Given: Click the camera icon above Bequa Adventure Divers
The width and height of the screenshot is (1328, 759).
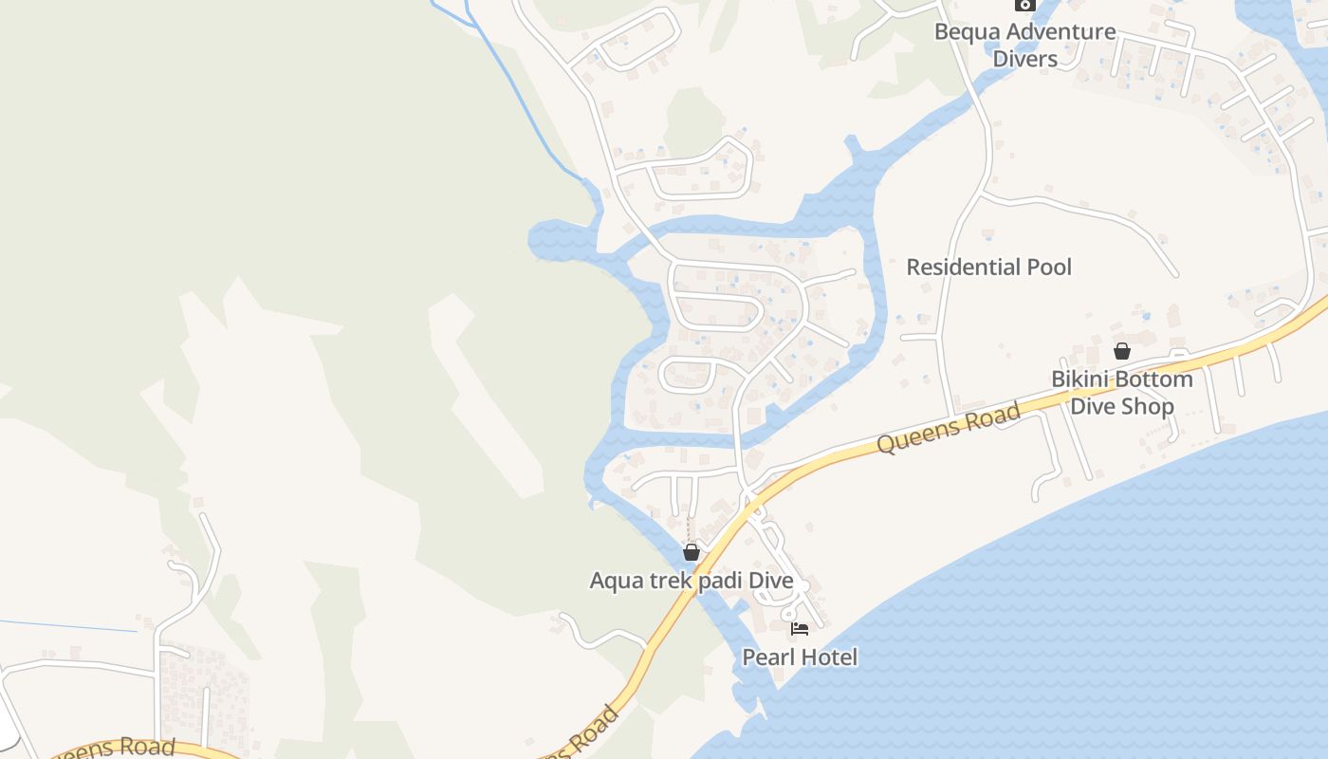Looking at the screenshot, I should tap(1024, 5).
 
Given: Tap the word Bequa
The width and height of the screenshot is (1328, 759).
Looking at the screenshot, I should tap(966, 31).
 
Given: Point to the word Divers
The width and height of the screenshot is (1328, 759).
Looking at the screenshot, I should tap(1024, 59).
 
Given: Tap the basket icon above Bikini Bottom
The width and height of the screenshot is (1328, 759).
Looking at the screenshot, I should tap(1122, 351).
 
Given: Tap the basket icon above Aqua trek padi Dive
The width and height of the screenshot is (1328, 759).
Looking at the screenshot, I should tap(692, 551).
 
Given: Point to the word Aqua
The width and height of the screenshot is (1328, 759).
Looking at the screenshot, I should tap(617, 581).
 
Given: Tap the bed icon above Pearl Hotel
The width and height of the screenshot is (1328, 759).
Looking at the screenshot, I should tap(800, 628).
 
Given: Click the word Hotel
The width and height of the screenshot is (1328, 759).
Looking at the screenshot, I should tap(829, 657).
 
